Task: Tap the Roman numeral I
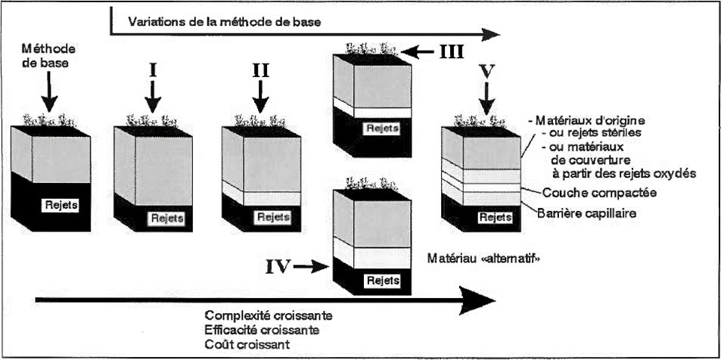coord(152,71)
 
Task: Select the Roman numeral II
coord(259,71)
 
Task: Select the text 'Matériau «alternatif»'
coord(488,256)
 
